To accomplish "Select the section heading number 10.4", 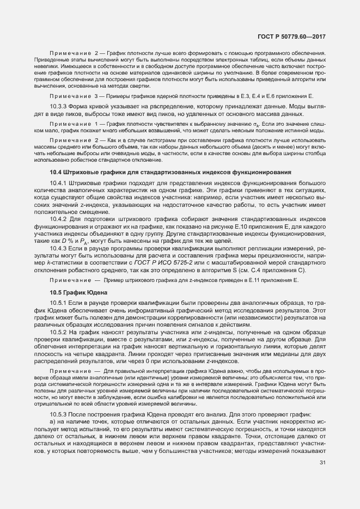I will tap(57, 172).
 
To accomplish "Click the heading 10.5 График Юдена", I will tap(78, 292).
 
